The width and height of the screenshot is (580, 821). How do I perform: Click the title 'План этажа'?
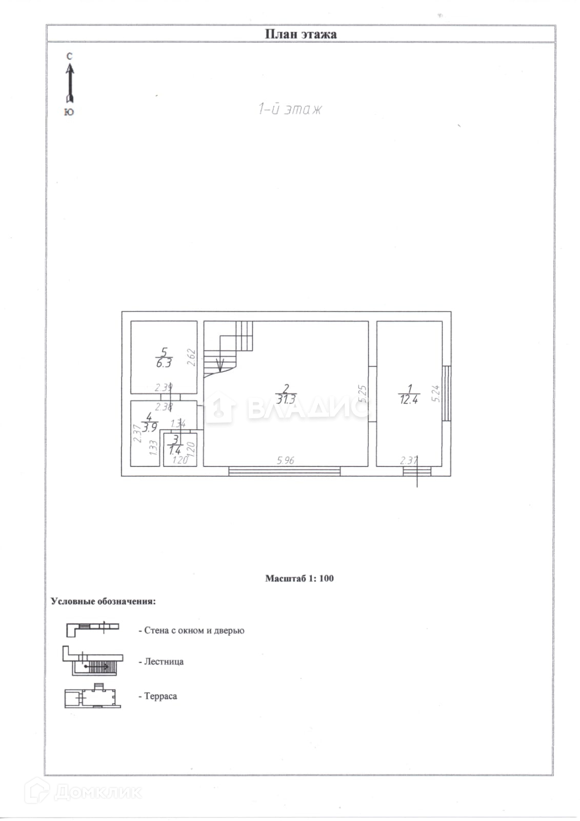pos(301,34)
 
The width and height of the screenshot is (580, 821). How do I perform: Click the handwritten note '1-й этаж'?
pos(290,109)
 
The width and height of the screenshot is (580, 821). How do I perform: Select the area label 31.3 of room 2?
pos(286,399)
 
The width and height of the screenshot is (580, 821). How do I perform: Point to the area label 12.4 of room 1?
pos(409,399)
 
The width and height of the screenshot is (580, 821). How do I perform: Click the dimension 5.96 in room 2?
pos(286,460)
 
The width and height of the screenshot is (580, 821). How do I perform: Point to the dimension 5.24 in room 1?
pos(436,393)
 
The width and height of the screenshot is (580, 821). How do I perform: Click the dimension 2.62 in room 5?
pos(191,357)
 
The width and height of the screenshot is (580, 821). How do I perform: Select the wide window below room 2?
pos(284,471)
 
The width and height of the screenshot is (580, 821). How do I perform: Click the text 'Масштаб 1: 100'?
pos(299,578)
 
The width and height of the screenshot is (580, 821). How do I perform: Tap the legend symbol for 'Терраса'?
pos(92,696)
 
